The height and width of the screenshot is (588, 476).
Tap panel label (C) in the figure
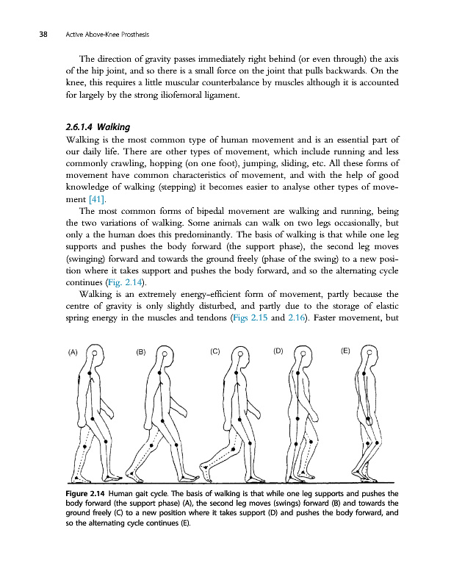[215, 351]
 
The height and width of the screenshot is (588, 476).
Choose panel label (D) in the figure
[278, 351]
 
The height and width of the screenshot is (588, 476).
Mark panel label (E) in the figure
[345, 351]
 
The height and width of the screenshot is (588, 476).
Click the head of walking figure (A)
[94, 354]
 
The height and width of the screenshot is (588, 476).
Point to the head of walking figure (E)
[367, 354]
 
